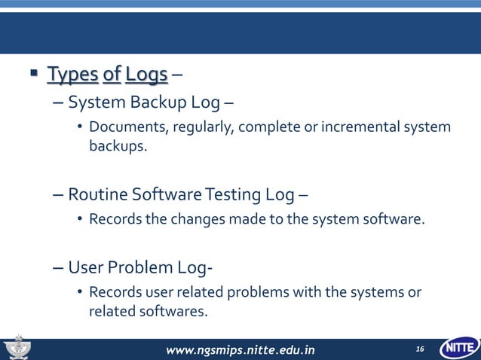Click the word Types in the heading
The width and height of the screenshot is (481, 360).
tap(73, 75)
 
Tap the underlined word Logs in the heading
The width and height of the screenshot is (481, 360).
tap(146, 75)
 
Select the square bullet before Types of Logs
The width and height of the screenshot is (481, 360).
tap(33, 75)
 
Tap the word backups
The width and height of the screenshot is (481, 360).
tap(117, 145)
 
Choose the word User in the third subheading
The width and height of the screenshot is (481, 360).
tap(85, 267)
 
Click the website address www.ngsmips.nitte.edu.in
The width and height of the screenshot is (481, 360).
tap(240, 349)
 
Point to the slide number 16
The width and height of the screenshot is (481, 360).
tap(420, 349)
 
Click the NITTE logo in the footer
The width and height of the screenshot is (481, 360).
tap(458, 348)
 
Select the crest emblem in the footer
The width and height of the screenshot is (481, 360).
tap(18, 348)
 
